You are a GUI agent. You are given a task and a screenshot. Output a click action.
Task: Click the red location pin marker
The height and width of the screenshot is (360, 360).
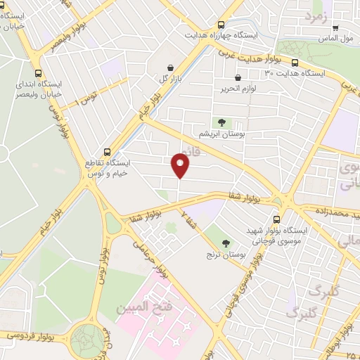[181, 166]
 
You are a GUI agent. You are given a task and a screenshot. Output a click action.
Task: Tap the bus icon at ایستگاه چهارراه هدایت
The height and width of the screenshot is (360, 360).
[221, 23]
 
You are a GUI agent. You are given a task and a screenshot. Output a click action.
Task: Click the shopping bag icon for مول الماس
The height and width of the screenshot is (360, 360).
[335, 28]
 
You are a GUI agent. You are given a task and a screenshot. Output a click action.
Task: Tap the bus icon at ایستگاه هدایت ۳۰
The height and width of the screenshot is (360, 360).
[294, 62]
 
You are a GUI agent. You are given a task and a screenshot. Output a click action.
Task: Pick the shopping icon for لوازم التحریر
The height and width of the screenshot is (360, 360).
[238, 78]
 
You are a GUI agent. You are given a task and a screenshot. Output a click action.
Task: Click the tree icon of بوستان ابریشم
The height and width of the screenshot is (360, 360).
[221, 121]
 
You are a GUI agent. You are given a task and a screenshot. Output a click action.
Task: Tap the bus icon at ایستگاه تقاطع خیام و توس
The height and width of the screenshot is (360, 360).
[107, 150]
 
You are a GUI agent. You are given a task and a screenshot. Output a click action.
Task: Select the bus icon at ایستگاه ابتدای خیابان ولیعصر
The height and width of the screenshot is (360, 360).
[39, 72]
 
